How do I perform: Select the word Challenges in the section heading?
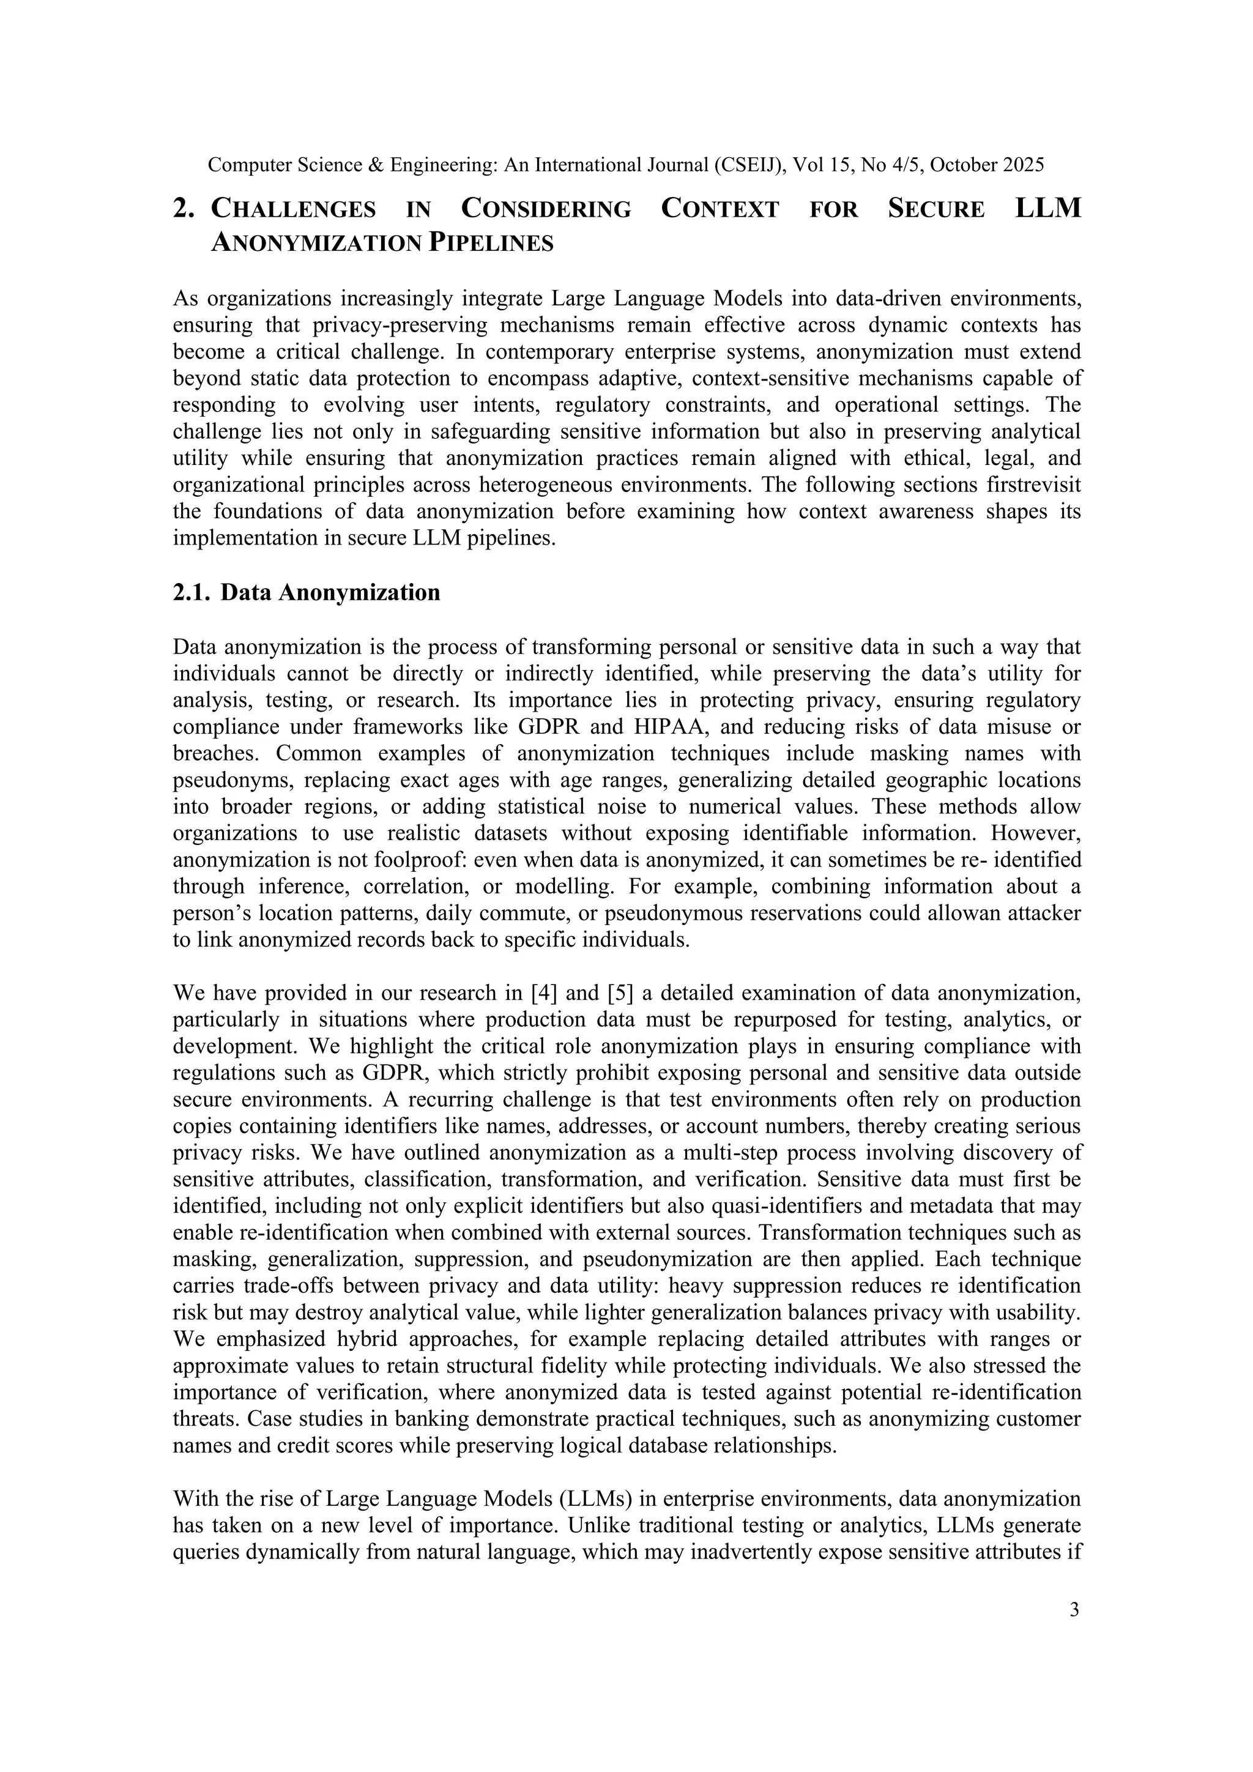coord(293,209)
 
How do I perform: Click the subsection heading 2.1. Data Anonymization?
coord(307,593)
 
